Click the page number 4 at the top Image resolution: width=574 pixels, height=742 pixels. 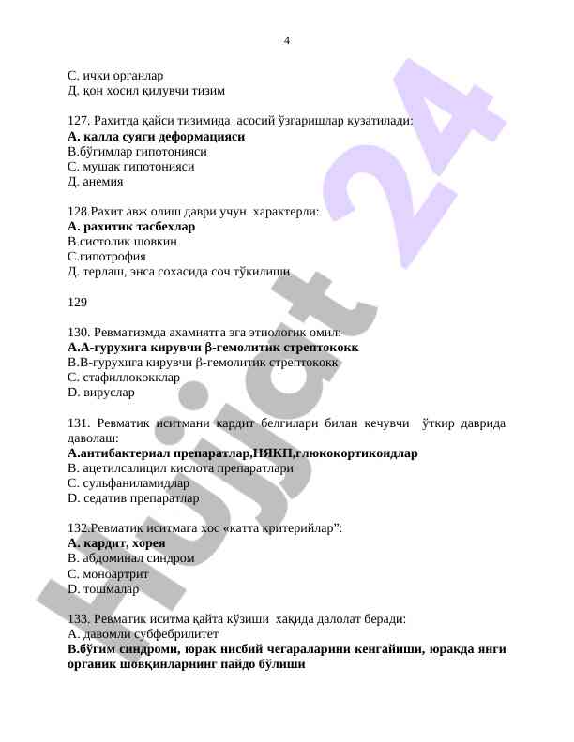coord(286,40)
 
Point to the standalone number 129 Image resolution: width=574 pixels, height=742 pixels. coord(78,302)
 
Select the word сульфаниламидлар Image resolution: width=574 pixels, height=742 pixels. coord(136,483)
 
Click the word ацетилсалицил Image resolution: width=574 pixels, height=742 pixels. coord(126,468)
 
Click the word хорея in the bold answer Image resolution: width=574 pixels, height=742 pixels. coord(149,543)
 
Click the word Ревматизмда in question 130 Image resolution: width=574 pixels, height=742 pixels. coord(132,332)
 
